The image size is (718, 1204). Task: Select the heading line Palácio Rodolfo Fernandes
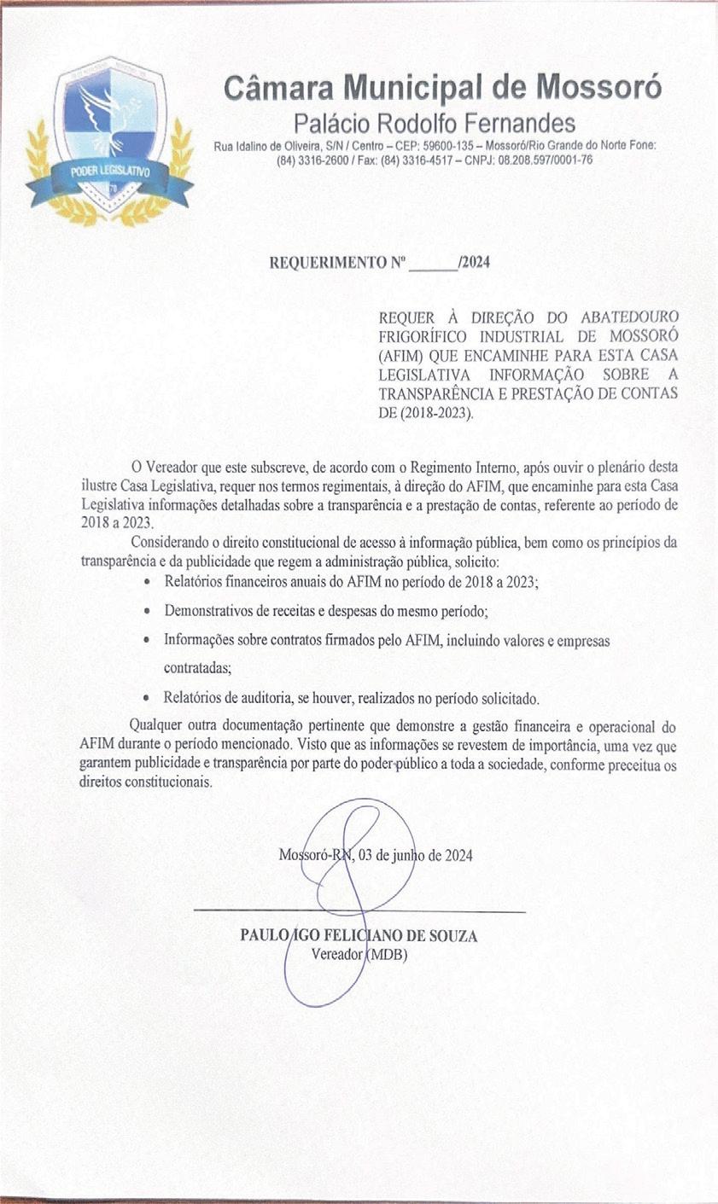tap(435, 122)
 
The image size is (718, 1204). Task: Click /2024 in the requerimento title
tap(474, 263)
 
